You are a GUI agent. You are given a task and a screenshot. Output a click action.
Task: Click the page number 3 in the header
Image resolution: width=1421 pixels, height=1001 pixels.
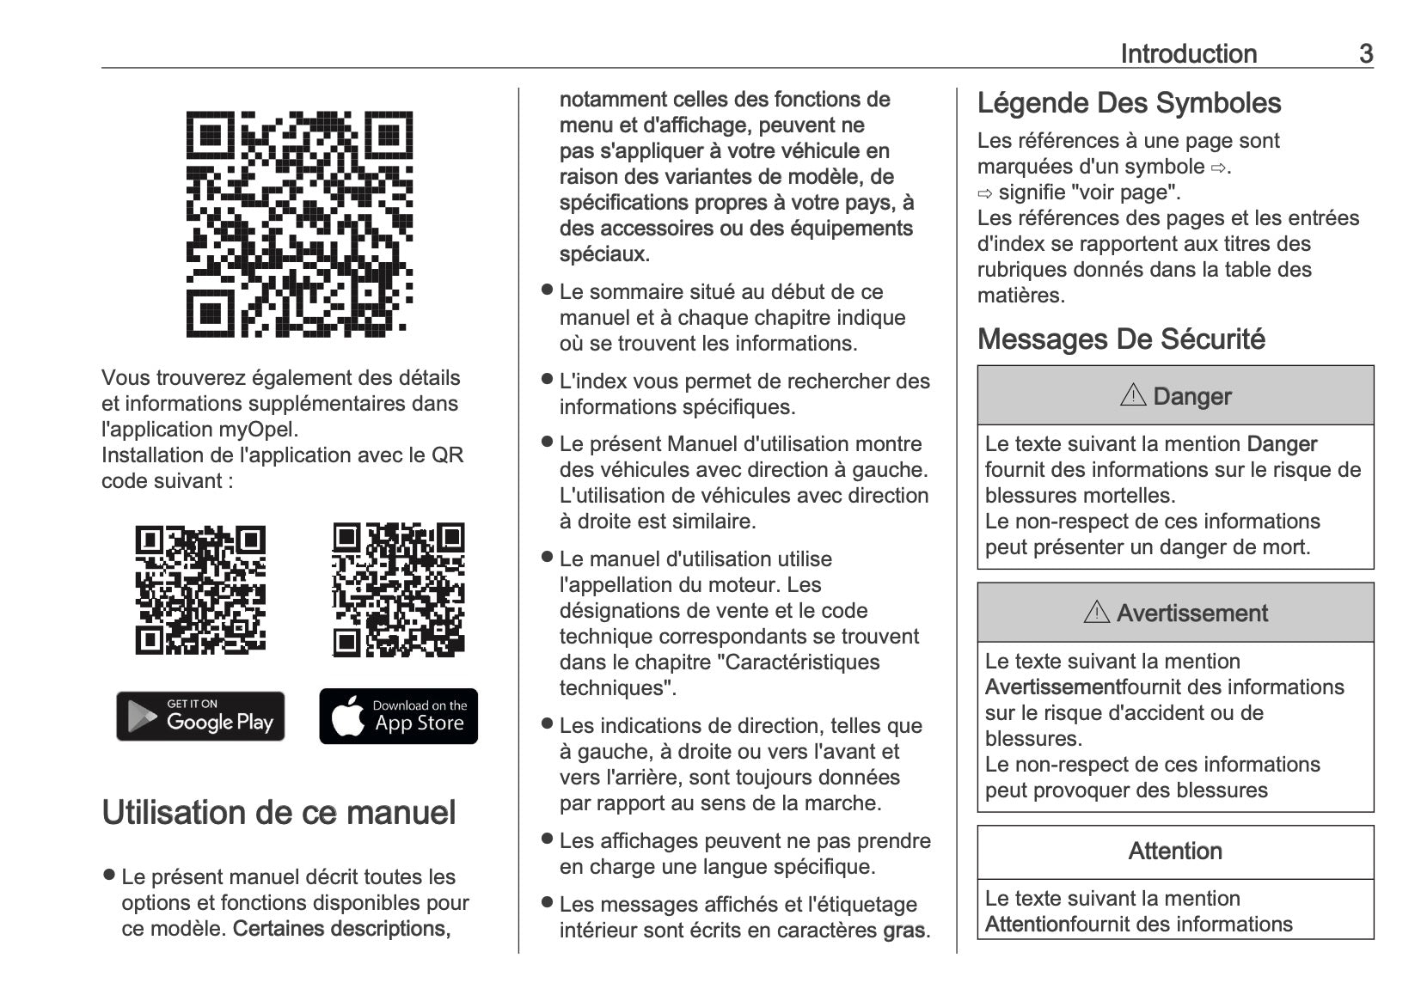tap(1365, 54)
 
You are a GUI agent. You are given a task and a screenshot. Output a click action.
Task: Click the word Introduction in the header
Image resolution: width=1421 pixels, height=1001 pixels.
tap(1188, 54)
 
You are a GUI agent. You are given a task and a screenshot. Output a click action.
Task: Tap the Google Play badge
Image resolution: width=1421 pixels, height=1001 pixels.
tap(200, 716)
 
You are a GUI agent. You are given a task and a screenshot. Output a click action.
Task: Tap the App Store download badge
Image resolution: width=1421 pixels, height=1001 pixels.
tap(398, 716)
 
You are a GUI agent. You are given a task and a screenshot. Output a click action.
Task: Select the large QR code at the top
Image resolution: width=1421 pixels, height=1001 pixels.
tap(299, 223)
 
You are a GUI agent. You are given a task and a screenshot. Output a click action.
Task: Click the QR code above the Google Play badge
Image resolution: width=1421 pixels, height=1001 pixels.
tap(200, 589)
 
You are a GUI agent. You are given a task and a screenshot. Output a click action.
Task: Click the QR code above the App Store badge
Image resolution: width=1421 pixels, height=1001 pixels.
tap(398, 589)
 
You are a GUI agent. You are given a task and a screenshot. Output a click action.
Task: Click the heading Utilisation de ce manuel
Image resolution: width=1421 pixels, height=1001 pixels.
tap(279, 813)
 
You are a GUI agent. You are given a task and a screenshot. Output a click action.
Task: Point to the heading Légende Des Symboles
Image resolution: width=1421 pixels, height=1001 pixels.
tap(1129, 103)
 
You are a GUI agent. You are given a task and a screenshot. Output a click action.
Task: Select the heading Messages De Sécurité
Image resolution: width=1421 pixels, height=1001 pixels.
tap(1121, 339)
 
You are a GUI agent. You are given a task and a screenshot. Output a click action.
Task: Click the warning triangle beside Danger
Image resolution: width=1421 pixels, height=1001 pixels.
tap(1133, 395)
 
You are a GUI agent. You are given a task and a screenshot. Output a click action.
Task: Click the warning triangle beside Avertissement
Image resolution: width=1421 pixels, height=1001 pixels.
tap(1096, 613)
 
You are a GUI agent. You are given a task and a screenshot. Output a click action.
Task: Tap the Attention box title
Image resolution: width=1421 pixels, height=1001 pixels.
tap(1175, 851)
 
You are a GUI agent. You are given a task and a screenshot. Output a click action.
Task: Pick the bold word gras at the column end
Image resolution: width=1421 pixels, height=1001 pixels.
tap(904, 931)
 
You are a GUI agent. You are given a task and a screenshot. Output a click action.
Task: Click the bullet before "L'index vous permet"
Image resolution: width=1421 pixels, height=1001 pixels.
tap(546, 379)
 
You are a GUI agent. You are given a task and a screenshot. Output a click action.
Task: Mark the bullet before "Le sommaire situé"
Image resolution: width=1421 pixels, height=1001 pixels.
tap(546, 290)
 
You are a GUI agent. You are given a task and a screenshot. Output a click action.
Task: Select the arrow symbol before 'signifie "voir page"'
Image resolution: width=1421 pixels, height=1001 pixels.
tap(985, 193)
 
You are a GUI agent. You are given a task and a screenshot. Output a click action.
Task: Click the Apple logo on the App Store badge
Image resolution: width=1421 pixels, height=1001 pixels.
tap(347, 717)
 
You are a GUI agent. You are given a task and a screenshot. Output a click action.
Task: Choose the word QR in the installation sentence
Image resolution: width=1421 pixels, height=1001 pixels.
tap(447, 455)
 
